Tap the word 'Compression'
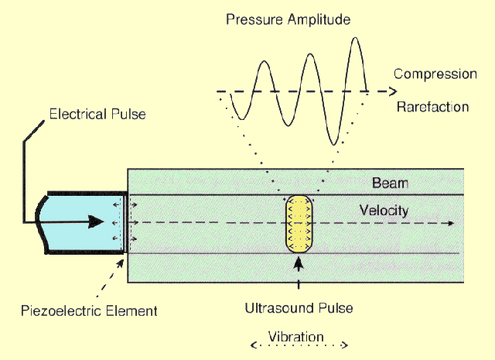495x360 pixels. pyautogui.click(x=435, y=74)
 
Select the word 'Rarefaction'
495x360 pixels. pyautogui.click(x=432, y=107)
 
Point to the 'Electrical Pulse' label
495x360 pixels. pyautogui.click(x=97, y=115)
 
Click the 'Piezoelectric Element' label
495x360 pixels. pyautogui.click(x=89, y=310)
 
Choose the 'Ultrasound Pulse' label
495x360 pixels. pyautogui.click(x=298, y=307)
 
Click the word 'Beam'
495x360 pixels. pyautogui.click(x=390, y=183)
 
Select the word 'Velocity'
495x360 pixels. pyautogui.click(x=384, y=210)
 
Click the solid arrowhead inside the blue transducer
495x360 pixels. pyautogui.click(x=95, y=221)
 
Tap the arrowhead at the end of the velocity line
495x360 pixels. pyautogui.click(x=449, y=224)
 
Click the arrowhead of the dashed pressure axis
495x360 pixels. pyautogui.click(x=381, y=91)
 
